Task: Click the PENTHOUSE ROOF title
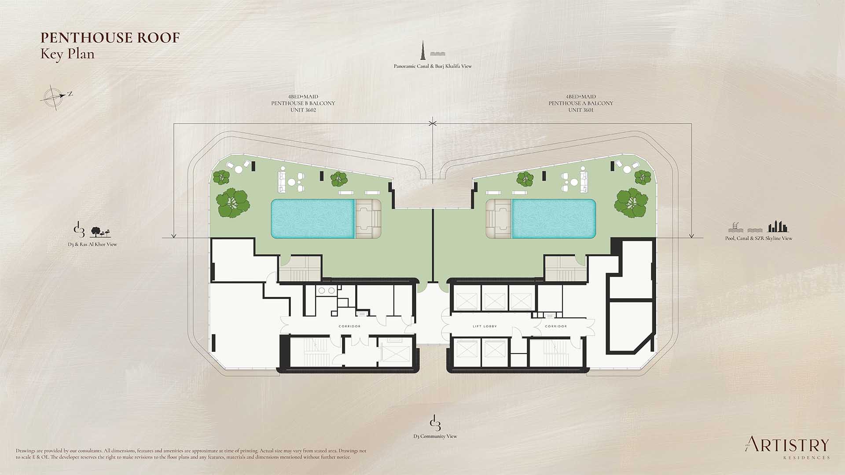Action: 110,38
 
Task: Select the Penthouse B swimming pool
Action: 312,219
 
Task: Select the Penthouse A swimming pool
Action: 554,219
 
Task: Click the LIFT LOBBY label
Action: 485,326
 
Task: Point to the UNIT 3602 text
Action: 303,110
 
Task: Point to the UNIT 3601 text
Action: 581,110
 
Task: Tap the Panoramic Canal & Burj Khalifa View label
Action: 433,66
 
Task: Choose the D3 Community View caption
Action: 435,436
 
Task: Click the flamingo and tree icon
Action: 101,232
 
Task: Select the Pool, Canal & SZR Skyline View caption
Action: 759,238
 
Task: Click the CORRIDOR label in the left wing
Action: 349,326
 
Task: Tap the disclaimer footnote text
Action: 191,454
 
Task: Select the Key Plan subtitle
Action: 67,55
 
